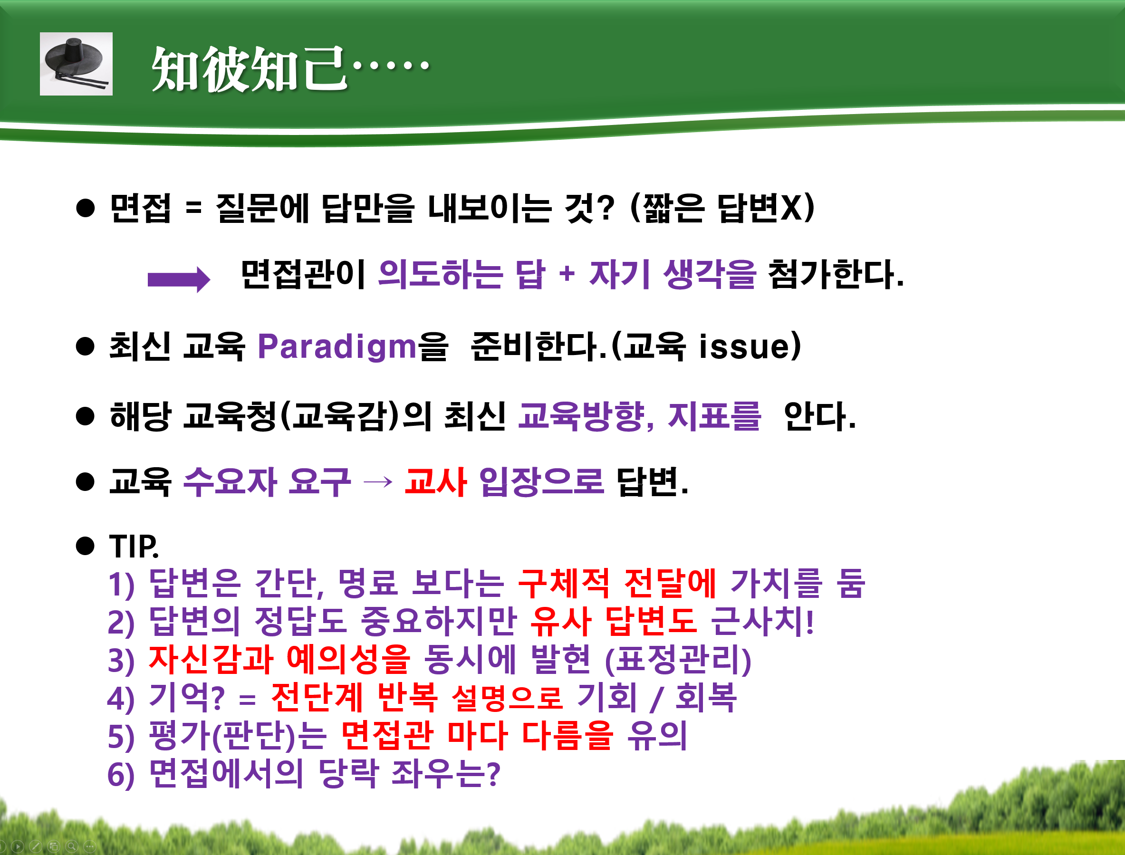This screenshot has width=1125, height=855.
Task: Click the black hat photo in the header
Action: coord(77,64)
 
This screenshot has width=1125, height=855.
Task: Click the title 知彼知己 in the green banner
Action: coord(250,69)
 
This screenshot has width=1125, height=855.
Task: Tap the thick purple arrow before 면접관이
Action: coord(179,279)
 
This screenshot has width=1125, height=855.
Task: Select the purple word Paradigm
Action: coord(337,346)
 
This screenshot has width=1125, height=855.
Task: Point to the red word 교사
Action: coord(435,481)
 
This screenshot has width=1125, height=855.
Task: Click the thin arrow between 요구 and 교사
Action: coord(378,481)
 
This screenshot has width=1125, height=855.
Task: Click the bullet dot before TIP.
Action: coord(85,546)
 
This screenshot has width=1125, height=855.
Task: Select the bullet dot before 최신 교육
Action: coord(85,346)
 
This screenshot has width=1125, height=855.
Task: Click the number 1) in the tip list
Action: coord(121,584)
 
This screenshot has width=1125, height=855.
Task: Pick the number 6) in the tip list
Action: coord(121,775)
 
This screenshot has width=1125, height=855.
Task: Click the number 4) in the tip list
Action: coord(121,699)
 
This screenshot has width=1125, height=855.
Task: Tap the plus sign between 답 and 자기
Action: coord(567,274)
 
